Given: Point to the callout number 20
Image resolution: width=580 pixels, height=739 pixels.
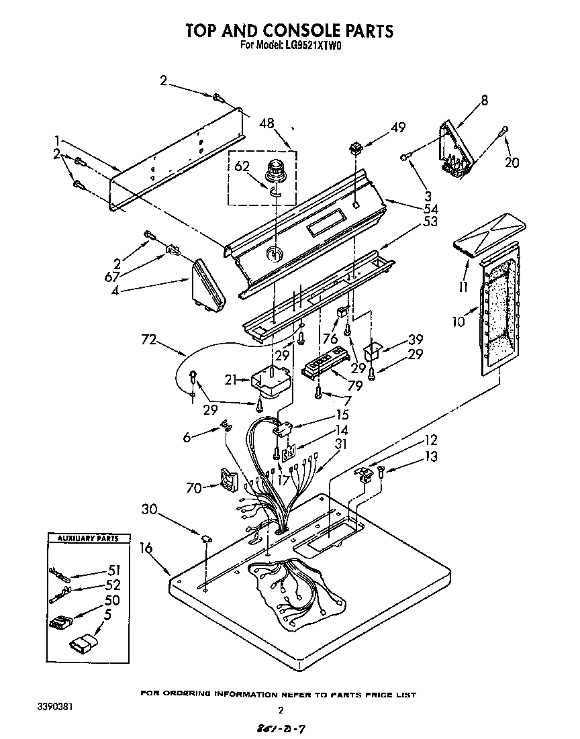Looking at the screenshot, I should point(512,162).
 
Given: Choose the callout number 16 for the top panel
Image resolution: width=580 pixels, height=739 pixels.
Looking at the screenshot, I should point(146,548).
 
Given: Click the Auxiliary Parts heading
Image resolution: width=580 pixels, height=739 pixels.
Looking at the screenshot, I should point(87,538).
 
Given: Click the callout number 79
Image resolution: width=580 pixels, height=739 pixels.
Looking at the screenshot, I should point(355,386).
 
